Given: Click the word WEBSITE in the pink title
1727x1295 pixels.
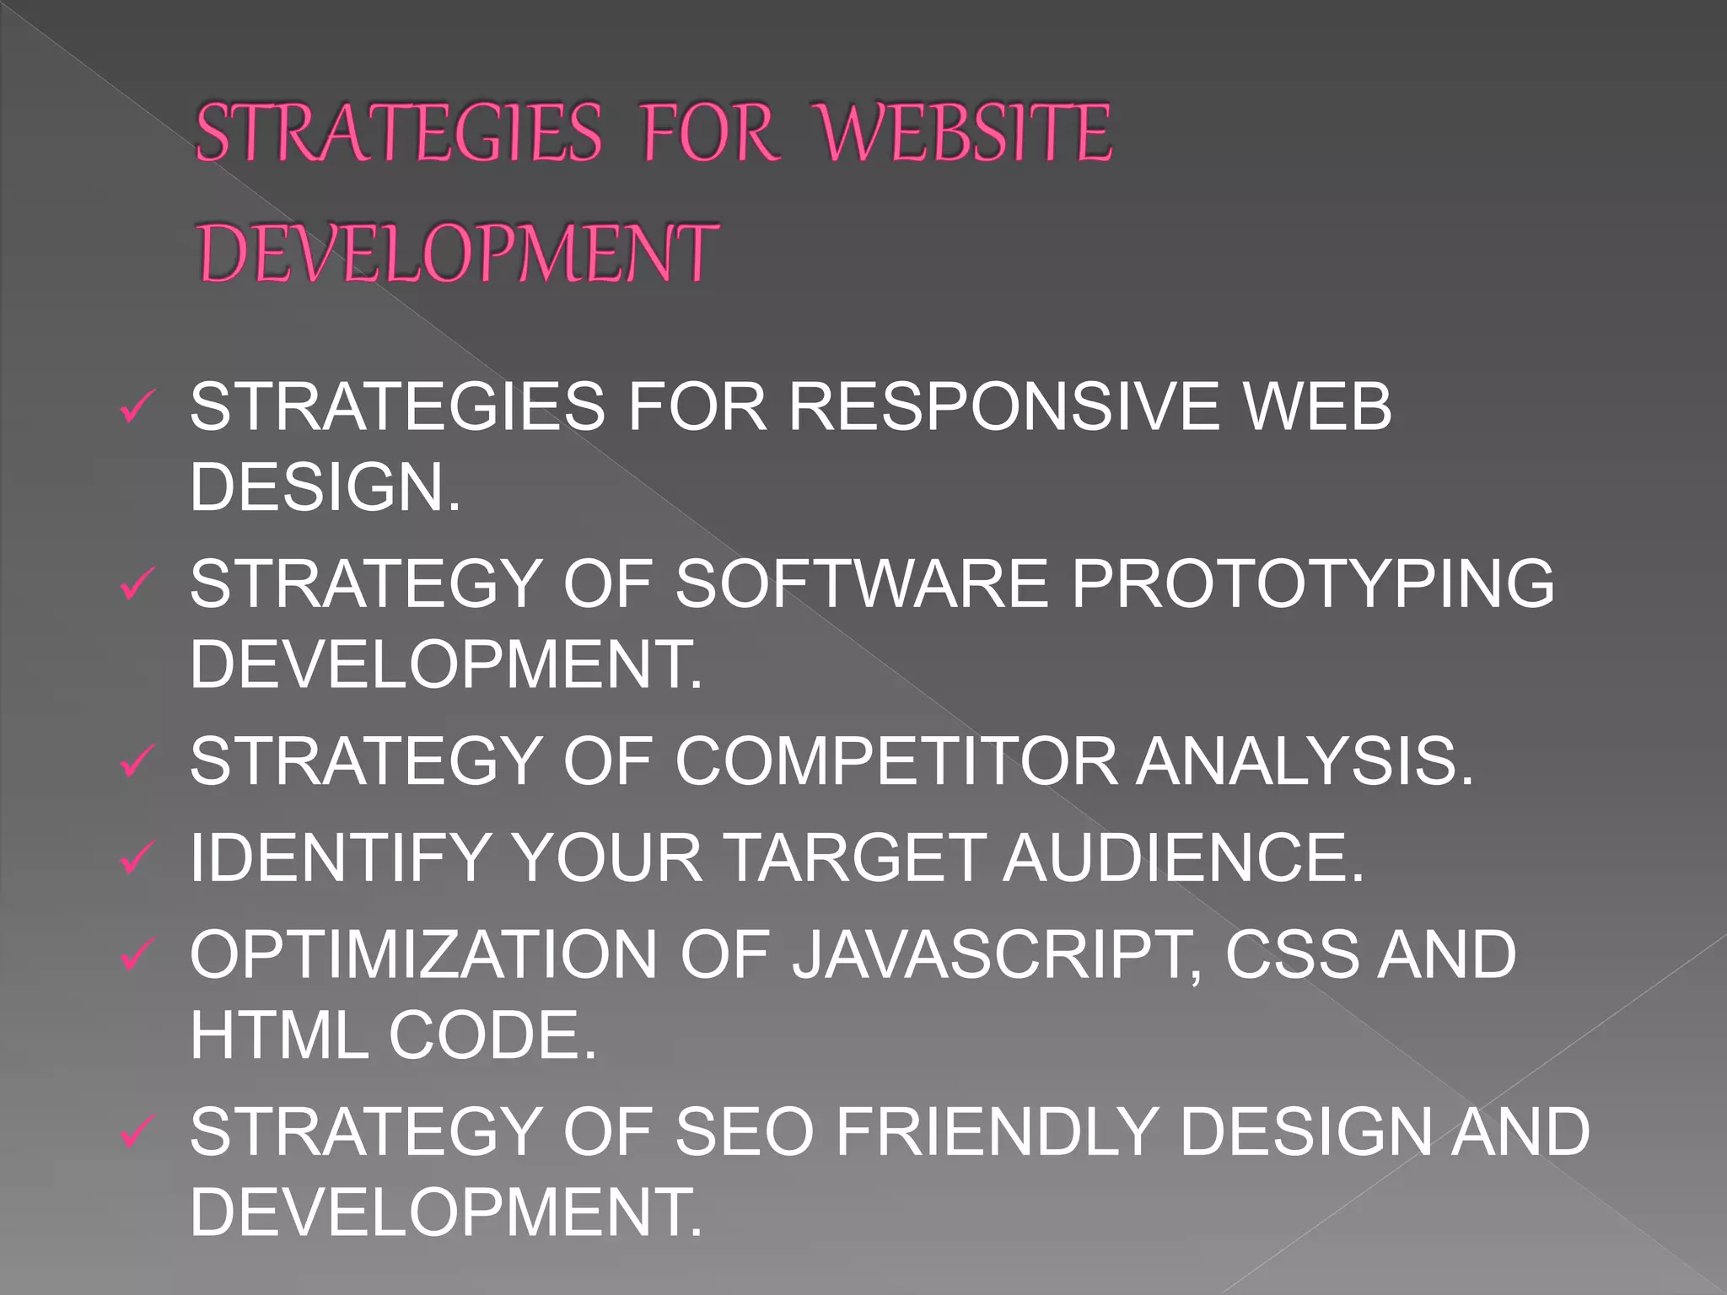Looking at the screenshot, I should click(x=965, y=132).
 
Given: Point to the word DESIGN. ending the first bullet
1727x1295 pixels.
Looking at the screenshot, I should click(x=325, y=486).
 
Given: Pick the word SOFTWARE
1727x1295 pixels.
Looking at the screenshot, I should click(x=862, y=583).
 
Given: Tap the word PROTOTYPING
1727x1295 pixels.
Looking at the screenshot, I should click(x=1312, y=583).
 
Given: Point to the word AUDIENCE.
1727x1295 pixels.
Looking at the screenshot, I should click(x=1182, y=857).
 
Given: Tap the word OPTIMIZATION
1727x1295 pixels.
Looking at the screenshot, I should click(x=423, y=954).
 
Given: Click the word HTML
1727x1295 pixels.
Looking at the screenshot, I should click(x=278, y=1034).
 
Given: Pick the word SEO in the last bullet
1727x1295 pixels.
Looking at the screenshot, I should click(x=744, y=1131).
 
